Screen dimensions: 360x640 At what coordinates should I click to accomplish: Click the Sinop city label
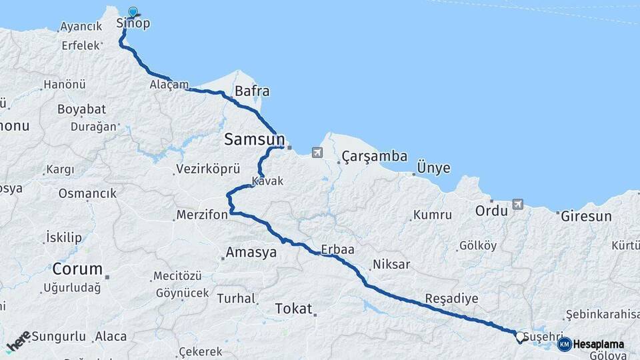[133, 23]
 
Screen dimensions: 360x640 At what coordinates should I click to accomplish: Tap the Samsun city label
[254, 139]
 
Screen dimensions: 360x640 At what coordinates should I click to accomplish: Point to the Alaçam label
[169, 85]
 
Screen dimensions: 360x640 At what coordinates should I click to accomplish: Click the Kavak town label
[268, 181]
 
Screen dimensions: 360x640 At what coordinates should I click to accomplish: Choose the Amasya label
[251, 253]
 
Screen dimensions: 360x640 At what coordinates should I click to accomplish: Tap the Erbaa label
[337, 249]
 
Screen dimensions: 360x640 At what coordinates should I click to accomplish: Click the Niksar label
[391, 265]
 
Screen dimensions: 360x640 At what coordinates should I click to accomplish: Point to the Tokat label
[293, 309]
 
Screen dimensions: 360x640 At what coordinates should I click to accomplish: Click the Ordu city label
[491, 211]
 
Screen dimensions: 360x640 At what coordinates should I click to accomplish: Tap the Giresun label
[586, 216]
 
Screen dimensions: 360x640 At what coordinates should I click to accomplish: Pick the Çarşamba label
[374, 157]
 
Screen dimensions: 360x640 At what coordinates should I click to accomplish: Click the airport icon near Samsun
[316, 153]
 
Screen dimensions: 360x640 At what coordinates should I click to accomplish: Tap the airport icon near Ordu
[518, 204]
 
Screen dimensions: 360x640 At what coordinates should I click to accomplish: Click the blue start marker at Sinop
[133, 12]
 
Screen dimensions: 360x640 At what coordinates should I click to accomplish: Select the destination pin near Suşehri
[520, 337]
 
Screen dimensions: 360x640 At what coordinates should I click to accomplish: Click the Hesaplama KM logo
[591, 345]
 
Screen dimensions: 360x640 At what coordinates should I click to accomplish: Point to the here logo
[17, 341]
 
